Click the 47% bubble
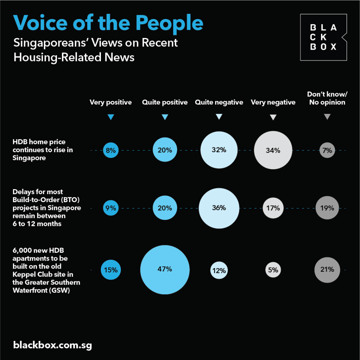click(165, 269)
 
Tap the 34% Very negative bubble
click(273, 150)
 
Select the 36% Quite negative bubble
click(219, 208)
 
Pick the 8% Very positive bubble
click(111, 150)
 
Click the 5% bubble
click(273, 270)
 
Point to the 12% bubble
click(219, 270)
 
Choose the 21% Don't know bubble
click(327, 270)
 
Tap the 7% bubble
click(327, 150)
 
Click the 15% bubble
click(111, 270)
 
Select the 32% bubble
click(219, 150)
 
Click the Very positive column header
click(111, 103)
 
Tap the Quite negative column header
click(219, 103)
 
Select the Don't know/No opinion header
click(326, 98)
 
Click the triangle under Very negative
click(273, 117)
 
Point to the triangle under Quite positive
click(165, 117)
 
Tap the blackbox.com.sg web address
click(53, 345)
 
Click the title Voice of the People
click(108, 23)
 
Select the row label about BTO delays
click(47, 208)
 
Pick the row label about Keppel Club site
click(46, 270)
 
